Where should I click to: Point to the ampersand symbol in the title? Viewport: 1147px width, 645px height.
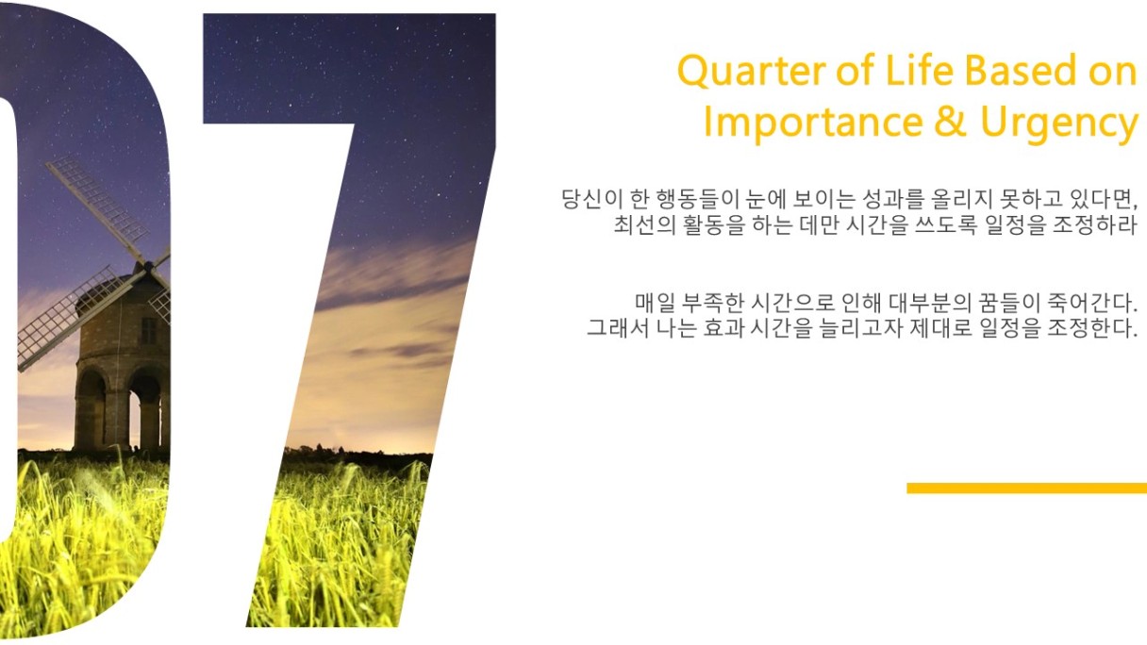pos(951,122)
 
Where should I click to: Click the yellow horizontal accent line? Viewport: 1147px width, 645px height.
pos(1026,488)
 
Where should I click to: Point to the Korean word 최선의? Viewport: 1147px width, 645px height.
pos(644,224)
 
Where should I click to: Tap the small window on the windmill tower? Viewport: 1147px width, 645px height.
pos(148,331)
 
